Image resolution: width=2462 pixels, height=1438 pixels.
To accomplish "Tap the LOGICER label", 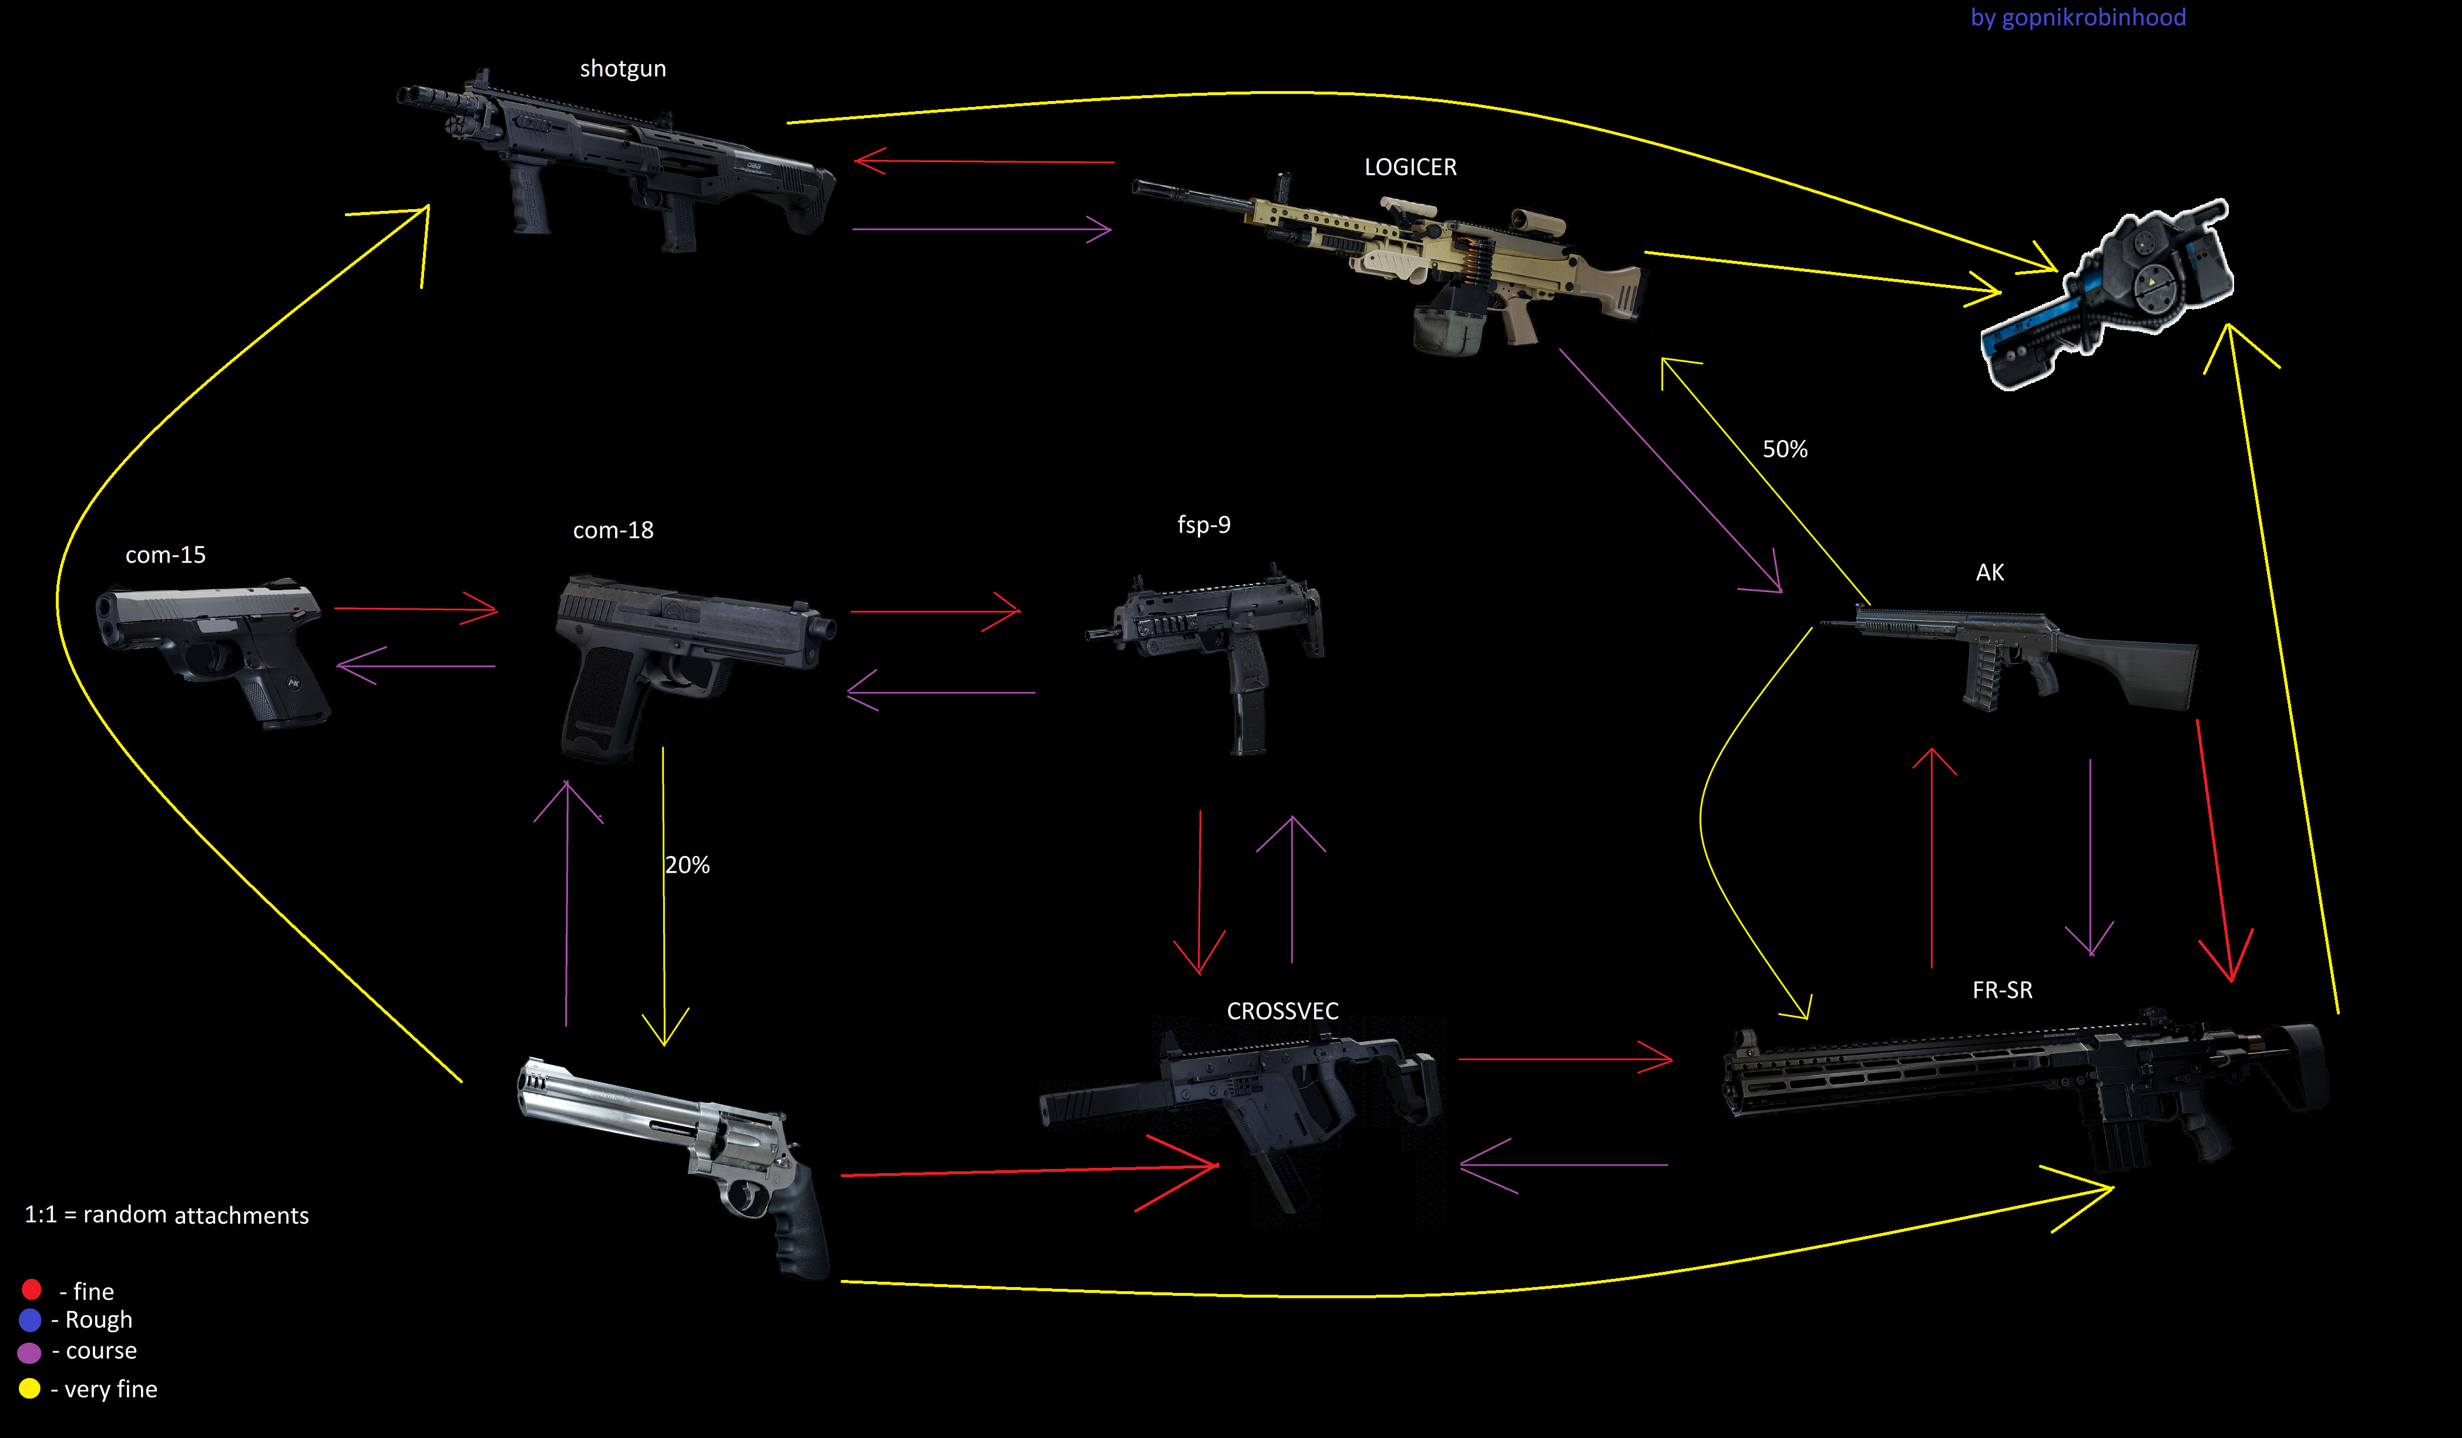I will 1410,167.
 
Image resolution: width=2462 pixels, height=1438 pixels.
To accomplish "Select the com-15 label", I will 165,555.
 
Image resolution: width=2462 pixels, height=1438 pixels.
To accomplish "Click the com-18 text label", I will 613,530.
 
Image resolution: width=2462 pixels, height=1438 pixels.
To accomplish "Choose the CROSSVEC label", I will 1282,1011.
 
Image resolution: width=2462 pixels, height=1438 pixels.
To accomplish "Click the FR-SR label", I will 2002,990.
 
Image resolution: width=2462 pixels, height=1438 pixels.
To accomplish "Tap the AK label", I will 1989,573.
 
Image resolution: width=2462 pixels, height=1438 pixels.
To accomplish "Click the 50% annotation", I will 1784,449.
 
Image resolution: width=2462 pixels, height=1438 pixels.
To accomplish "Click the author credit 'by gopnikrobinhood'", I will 2077,18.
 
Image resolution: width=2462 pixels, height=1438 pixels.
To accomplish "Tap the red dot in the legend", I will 31,1289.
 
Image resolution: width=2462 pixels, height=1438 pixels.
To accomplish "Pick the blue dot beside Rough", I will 31,1320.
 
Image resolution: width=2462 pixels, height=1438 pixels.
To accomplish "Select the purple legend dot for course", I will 29,1352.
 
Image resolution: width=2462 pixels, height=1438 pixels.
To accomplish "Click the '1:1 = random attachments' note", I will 166,1215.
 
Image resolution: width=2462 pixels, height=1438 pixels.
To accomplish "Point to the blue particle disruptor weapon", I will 2110,293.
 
